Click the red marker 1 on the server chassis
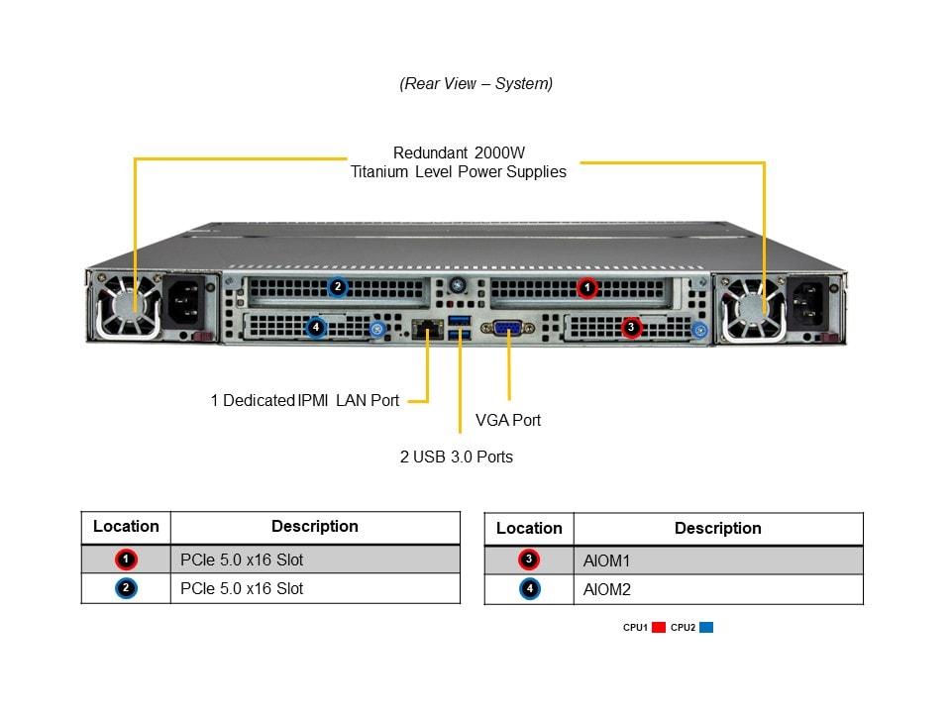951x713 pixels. [587, 288]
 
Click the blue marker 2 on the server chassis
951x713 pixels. [337, 287]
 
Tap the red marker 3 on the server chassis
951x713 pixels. [632, 327]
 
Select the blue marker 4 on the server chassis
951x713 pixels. [316, 327]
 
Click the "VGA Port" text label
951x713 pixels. [508, 420]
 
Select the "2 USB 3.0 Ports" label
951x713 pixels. [456, 457]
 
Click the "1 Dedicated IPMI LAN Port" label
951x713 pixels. [305, 400]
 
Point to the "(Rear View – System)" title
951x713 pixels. [476, 84]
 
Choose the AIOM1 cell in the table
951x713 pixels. [606, 560]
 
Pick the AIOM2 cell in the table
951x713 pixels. [606, 589]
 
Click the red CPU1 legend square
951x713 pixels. [658, 627]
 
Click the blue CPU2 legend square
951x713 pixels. [706, 627]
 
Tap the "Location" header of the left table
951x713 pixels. [126, 527]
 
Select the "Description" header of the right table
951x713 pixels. [717, 529]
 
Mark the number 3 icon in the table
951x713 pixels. [529, 560]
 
